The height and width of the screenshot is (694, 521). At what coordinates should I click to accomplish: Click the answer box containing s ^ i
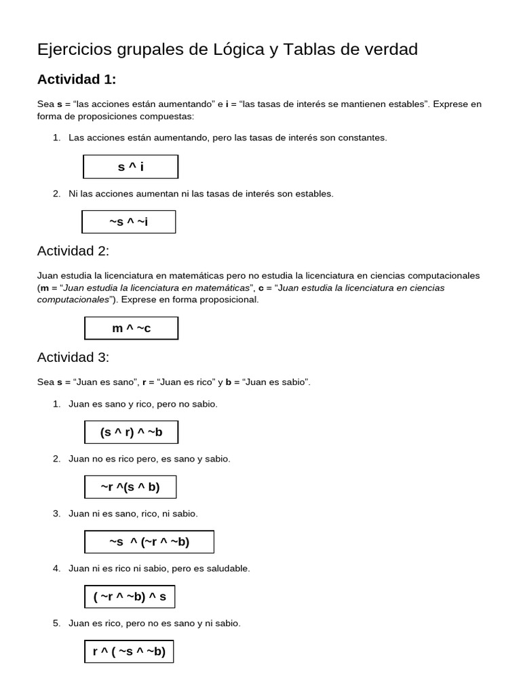pyautogui.click(x=130, y=167)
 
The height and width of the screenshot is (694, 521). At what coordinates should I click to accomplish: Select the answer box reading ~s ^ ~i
pyautogui.click(x=128, y=222)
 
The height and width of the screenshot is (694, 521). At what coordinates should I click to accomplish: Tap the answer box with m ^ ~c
pyautogui.click(x=131, y=328)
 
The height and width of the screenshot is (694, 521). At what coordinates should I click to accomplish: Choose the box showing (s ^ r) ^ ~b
pyautogui.click(x=131, y=432)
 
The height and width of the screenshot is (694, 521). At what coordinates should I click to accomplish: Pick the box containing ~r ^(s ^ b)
pyautogui.click(x=130, y=487)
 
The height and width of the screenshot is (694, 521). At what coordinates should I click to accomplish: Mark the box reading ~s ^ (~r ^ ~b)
pyautogui.click(x=149, y=542)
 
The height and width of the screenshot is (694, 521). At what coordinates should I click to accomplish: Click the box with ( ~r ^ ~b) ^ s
pyautogui.click(x=130, y=597)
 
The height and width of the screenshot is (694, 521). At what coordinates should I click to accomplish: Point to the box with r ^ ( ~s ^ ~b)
pyautogui.click(x=129, y=652)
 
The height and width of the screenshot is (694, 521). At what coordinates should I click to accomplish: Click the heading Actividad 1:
pyautogui.click(x=77, y=79)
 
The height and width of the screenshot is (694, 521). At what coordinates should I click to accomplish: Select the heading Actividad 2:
pyautogui.click(x=73, y=251)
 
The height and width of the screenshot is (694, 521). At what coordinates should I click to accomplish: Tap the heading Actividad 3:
pyautogui.click(x=73, y=357)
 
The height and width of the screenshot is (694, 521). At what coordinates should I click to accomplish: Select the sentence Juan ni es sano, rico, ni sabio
pyautogui.click(x=133, y=514)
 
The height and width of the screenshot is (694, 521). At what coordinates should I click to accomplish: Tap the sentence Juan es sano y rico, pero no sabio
pyautogui.click(x=142, y=404)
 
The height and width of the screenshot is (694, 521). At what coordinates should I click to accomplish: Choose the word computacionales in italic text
pyautogui.click(x=73, y=300)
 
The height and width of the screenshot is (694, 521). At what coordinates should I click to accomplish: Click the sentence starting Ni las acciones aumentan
pyautogui.click(x=201, y=194)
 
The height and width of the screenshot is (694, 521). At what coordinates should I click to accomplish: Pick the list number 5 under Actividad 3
pyautogui.click(x=57, y=623)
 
